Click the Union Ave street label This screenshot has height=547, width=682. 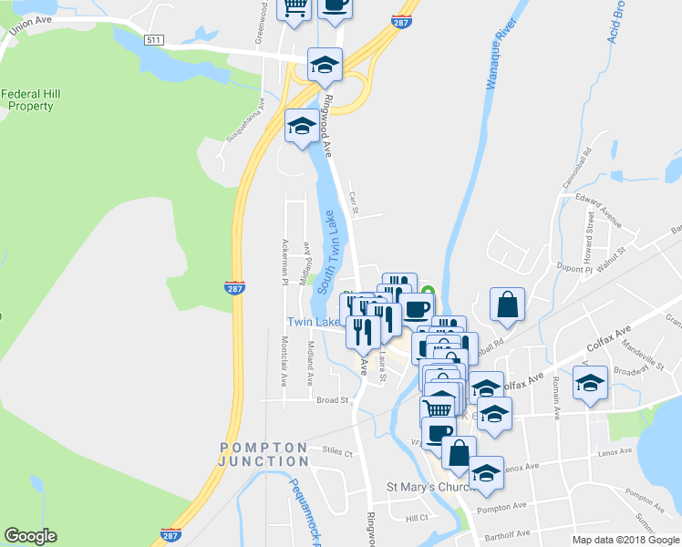[27, 28]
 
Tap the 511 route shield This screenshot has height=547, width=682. [153, 39]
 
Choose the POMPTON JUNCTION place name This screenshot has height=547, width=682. [263, 454]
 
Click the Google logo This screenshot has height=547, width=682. [31, 536]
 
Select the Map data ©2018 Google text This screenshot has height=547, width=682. [625, 540]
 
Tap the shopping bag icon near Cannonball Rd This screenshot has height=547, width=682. [506, 305]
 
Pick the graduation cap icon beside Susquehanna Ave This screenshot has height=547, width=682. [302, 126]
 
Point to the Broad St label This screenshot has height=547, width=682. [332, 400]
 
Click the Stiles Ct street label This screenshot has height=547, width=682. [339, 449]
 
